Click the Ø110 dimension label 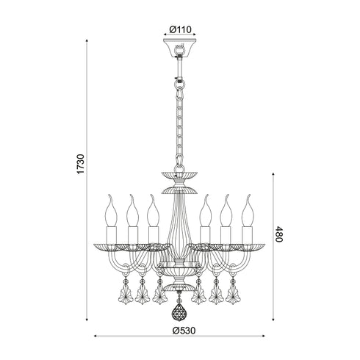point(180,29)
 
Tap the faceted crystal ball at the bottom point(180,313)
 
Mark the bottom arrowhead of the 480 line point(274,320)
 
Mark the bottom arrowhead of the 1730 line point(90,320)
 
